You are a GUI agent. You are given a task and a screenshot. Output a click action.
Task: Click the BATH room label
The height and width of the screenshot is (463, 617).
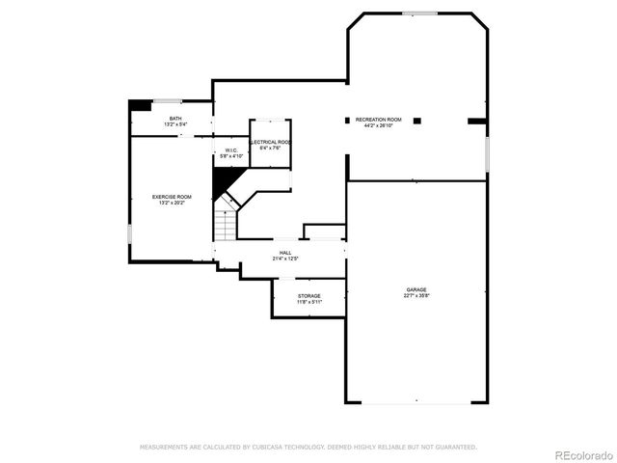(174, 119)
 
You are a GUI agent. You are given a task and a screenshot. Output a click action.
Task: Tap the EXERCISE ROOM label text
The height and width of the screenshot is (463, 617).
(172, 197)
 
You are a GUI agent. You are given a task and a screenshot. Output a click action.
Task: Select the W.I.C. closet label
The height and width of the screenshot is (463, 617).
(231, 150)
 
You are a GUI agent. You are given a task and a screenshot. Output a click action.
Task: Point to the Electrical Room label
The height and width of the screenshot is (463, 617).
(271, 142)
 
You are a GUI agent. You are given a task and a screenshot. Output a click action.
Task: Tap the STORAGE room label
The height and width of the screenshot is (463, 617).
(308, 296)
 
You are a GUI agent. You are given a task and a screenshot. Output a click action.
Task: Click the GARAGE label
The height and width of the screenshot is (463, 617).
(416, 289)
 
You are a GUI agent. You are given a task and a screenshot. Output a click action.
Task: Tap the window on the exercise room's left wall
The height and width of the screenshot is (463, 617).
(128, 234)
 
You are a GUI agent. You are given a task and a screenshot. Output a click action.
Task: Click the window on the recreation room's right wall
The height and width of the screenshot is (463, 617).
(488, 151)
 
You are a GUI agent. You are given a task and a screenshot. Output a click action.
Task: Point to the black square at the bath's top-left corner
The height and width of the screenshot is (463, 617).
(139, 105)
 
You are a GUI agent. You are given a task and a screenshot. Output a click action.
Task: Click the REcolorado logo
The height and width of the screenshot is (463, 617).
(582, 453)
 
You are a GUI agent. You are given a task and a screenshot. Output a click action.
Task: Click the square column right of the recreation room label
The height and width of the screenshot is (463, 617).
(417, 121)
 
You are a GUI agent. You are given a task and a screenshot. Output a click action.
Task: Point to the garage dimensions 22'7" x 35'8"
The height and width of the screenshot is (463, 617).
(416, 295)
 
